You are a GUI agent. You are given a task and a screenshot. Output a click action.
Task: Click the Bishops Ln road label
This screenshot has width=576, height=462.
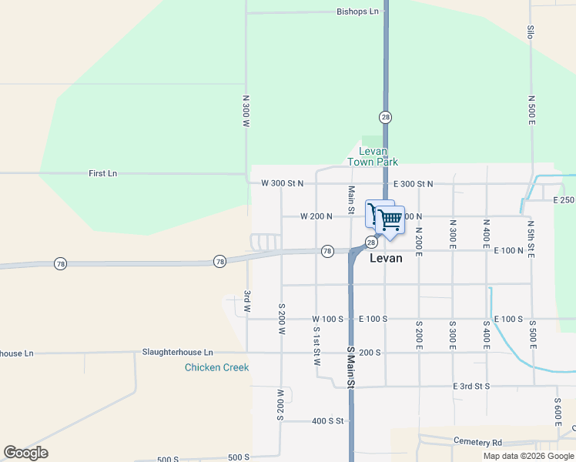pos(358,12)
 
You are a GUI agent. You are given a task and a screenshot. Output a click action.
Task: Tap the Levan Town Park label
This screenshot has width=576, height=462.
pos(373,157)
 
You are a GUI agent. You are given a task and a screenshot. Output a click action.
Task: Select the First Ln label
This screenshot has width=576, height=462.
pos(102,174)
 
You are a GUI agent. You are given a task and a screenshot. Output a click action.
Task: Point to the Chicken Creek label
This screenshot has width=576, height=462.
pos(216,367)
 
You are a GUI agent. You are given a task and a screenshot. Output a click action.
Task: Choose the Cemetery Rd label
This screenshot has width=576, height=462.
pos(477,443)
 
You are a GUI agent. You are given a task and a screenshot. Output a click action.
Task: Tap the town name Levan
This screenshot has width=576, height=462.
pos(386,259)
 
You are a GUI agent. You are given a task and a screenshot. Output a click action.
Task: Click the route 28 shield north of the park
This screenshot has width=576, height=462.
pos(386,117)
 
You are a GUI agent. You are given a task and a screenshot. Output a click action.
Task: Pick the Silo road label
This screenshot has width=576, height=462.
pos(531,32)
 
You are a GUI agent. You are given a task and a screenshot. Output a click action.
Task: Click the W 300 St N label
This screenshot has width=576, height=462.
pos(283,183)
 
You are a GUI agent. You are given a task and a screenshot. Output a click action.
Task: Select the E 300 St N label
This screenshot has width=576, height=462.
pos(413,184)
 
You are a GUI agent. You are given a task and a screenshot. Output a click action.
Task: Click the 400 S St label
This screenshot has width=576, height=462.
pos(328,421)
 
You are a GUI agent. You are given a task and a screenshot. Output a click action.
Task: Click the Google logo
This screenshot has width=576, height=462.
pos(25,453)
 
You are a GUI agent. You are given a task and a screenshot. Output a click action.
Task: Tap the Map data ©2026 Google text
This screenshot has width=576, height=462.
pos(527,456)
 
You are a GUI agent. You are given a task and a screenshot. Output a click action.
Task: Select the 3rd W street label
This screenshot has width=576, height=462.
pos(247,301)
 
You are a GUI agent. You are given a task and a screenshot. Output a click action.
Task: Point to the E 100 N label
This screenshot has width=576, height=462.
pos(508,251)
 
